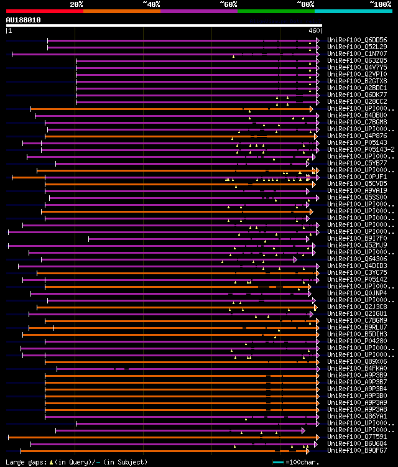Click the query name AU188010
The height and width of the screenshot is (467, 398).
coord(23,20)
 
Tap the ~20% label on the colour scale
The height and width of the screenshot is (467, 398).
coord(76,4)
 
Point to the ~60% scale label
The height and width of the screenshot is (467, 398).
coord(228,4)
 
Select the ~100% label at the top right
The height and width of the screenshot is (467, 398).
coord(380,4)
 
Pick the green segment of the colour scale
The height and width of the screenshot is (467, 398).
coord(275,11)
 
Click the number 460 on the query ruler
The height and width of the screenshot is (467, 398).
coord(314,30)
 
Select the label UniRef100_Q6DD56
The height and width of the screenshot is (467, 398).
coord(357,40)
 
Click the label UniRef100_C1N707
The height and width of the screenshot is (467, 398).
coord(357,53)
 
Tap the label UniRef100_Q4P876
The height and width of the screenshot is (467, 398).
coord(357,136)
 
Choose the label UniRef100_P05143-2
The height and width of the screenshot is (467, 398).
coord(361,149)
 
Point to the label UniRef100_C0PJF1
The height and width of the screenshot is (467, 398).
coord(357,177)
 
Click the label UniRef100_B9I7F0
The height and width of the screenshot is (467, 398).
coord(357,238)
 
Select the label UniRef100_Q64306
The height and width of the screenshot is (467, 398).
coord(357,259)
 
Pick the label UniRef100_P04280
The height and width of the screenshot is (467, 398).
coord(357,341)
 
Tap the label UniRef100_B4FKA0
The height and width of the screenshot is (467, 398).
coord(357,368)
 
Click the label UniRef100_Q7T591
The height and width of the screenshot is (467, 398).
coord(357,437)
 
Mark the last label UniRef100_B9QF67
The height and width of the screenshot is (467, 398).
coord(357,450)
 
